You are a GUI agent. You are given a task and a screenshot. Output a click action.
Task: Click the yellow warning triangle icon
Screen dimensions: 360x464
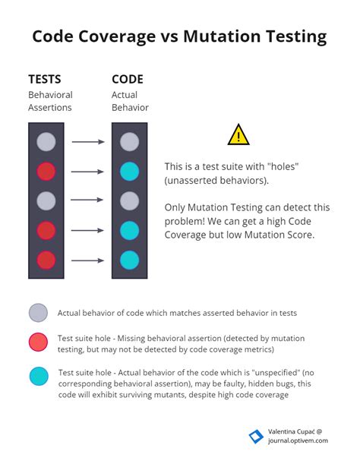[238, 135]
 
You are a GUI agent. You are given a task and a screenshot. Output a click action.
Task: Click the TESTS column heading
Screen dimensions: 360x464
[45, 79]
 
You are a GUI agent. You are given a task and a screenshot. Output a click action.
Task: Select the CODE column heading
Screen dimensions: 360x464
[128, 79]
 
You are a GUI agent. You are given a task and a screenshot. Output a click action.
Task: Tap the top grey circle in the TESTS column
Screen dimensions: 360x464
[46, 142]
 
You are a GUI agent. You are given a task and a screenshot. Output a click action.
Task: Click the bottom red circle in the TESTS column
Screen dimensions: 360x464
[46, 260]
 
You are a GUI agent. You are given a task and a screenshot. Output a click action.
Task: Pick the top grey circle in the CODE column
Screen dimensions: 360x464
[129, 142]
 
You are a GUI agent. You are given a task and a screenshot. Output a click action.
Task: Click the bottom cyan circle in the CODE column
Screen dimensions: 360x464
[129, 260]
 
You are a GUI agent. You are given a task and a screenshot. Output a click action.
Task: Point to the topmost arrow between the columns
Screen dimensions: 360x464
[88, 142]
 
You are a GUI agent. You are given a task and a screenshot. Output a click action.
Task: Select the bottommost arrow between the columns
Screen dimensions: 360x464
[87, 260]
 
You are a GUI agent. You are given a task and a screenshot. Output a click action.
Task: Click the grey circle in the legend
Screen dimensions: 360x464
[38, 312]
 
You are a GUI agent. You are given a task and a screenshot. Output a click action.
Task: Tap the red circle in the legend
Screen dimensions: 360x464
[38, 342]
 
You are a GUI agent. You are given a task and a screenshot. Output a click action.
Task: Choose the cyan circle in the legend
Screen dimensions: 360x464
[39, 376]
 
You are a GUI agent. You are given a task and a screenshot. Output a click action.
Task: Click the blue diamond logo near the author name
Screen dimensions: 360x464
[256, 437]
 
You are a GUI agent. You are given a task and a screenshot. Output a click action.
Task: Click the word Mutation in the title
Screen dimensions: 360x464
[222, 36]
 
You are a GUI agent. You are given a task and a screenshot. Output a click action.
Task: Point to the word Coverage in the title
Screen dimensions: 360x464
[117, 37]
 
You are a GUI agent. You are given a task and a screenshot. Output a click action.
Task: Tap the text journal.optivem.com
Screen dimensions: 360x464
[298, 440]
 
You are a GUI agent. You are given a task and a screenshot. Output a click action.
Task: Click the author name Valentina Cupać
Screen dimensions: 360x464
[292, 432]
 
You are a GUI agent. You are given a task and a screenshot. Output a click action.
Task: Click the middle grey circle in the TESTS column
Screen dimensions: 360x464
[46, 201]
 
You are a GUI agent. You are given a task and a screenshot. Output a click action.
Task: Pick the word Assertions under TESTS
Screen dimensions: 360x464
[50, 107]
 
